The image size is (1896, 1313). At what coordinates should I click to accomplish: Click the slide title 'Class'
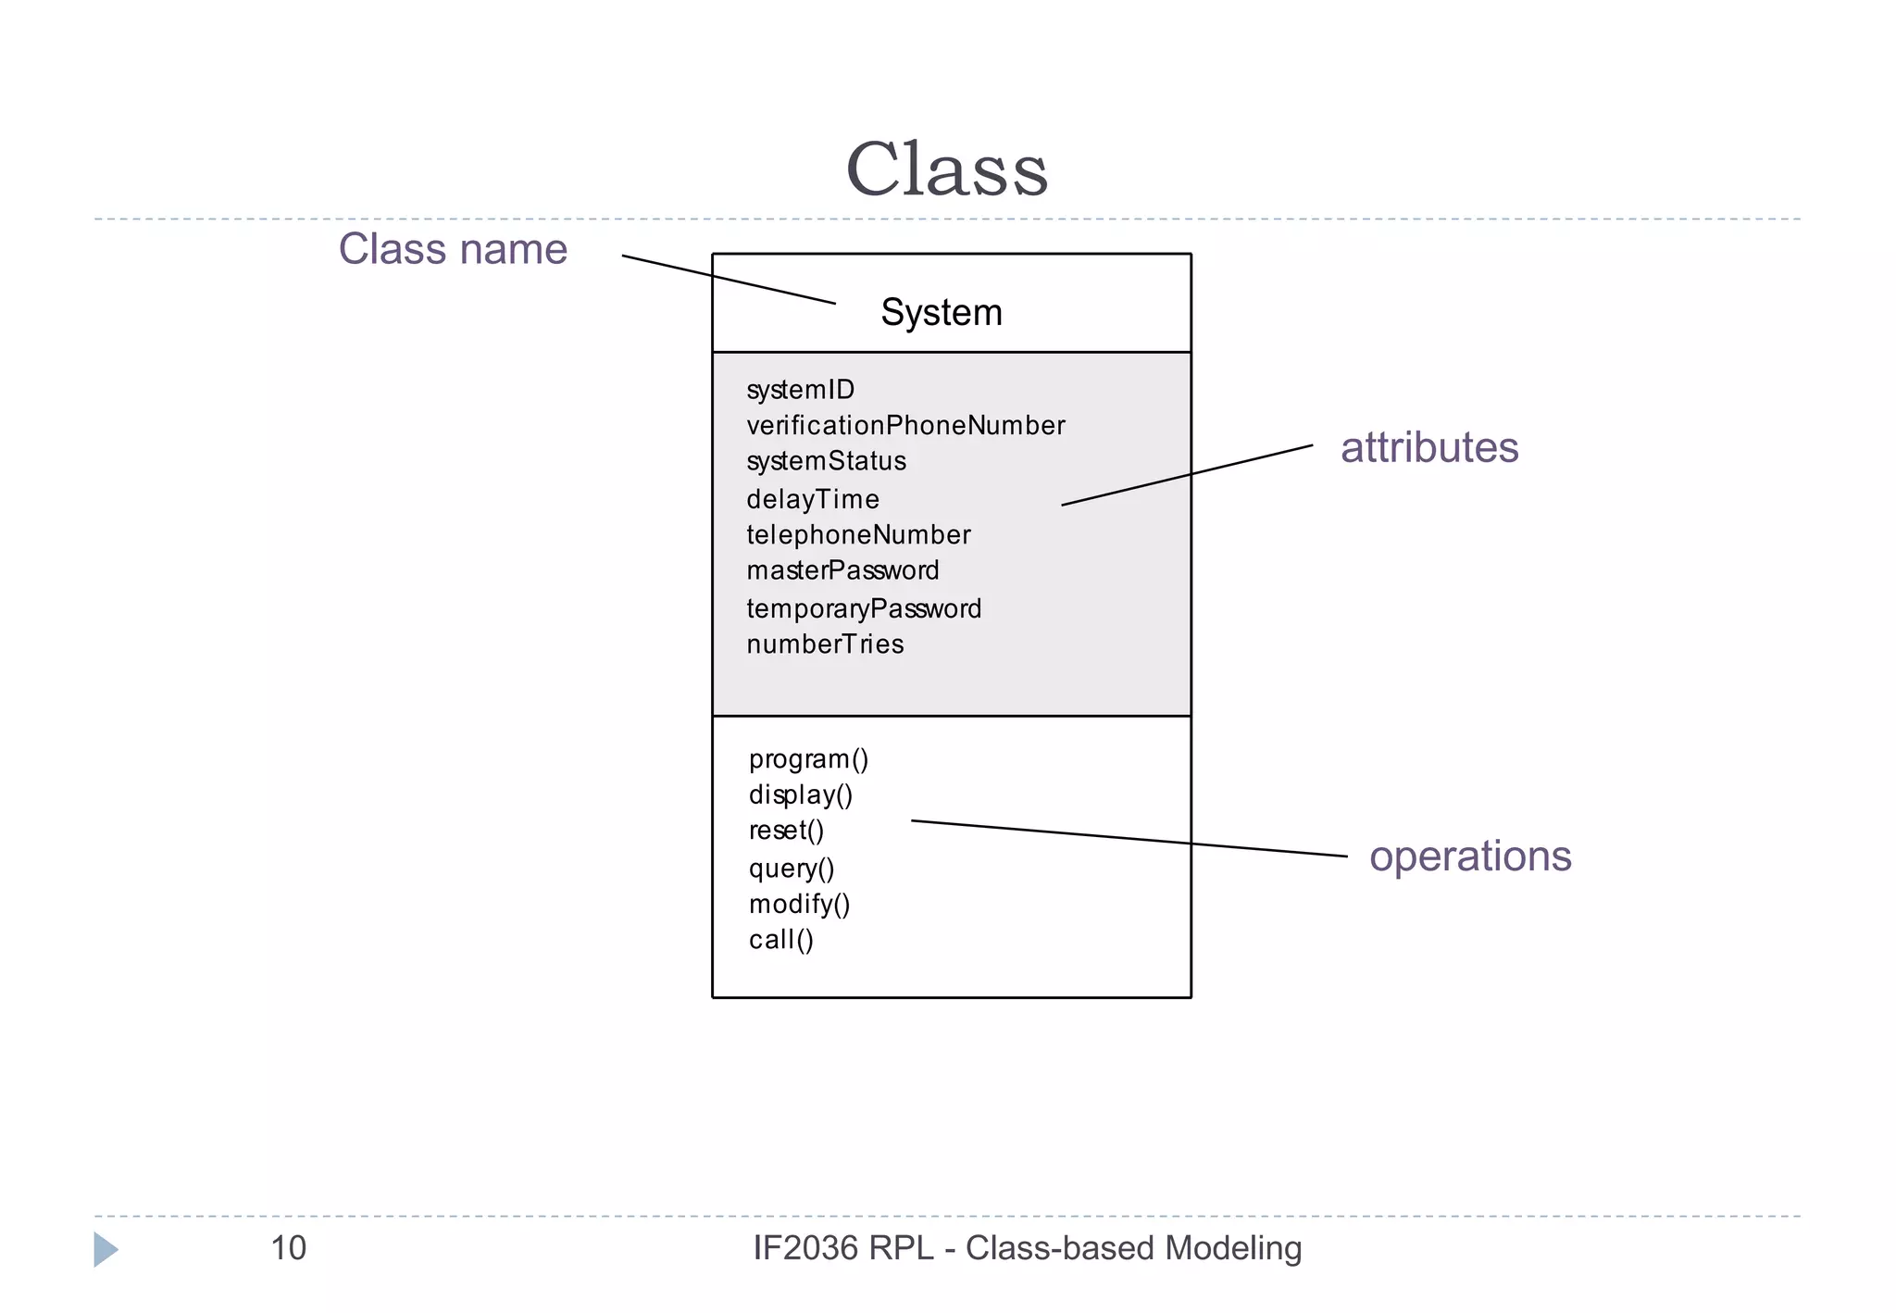click(x=946, y=169)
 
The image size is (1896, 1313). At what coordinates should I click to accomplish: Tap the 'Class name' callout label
click(x=453, y=249)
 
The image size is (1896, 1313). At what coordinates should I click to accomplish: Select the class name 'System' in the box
click(x=941, y=313)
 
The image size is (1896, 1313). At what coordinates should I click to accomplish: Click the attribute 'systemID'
click(x=800, y=390)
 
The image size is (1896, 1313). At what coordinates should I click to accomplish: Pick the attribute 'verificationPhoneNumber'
click(x=905, y=426)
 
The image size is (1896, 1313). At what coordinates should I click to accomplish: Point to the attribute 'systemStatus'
click(x=826, y=461)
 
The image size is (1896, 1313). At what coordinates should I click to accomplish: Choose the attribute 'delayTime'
click(x=812, y=499)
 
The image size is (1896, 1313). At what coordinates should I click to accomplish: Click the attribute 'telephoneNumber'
click(x=858, y=535)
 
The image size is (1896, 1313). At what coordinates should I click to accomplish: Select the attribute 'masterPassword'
click(x=842, y=570)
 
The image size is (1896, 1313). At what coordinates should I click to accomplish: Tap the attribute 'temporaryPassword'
click(x=863, y=608)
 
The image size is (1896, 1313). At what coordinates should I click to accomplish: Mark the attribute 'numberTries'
click(x=825, y=644)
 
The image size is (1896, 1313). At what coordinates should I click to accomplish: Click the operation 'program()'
click(x=808, y=759)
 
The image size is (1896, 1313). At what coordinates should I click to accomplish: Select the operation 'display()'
click(x=800, y=795)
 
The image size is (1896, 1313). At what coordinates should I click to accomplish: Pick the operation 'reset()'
click(x=786, y=831)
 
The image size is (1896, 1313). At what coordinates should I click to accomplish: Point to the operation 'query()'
click(x=792, y=869)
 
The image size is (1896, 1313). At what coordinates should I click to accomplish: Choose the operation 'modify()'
click(x=799, y=904)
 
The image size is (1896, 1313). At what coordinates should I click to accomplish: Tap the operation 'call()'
click(x=780, y=940)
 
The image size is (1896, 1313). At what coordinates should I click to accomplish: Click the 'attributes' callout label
click(x=1428, y=447)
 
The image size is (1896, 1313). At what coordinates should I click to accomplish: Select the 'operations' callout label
click(x=1469, y=857)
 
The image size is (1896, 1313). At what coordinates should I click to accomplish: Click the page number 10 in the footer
click(x=288, y=1248)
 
